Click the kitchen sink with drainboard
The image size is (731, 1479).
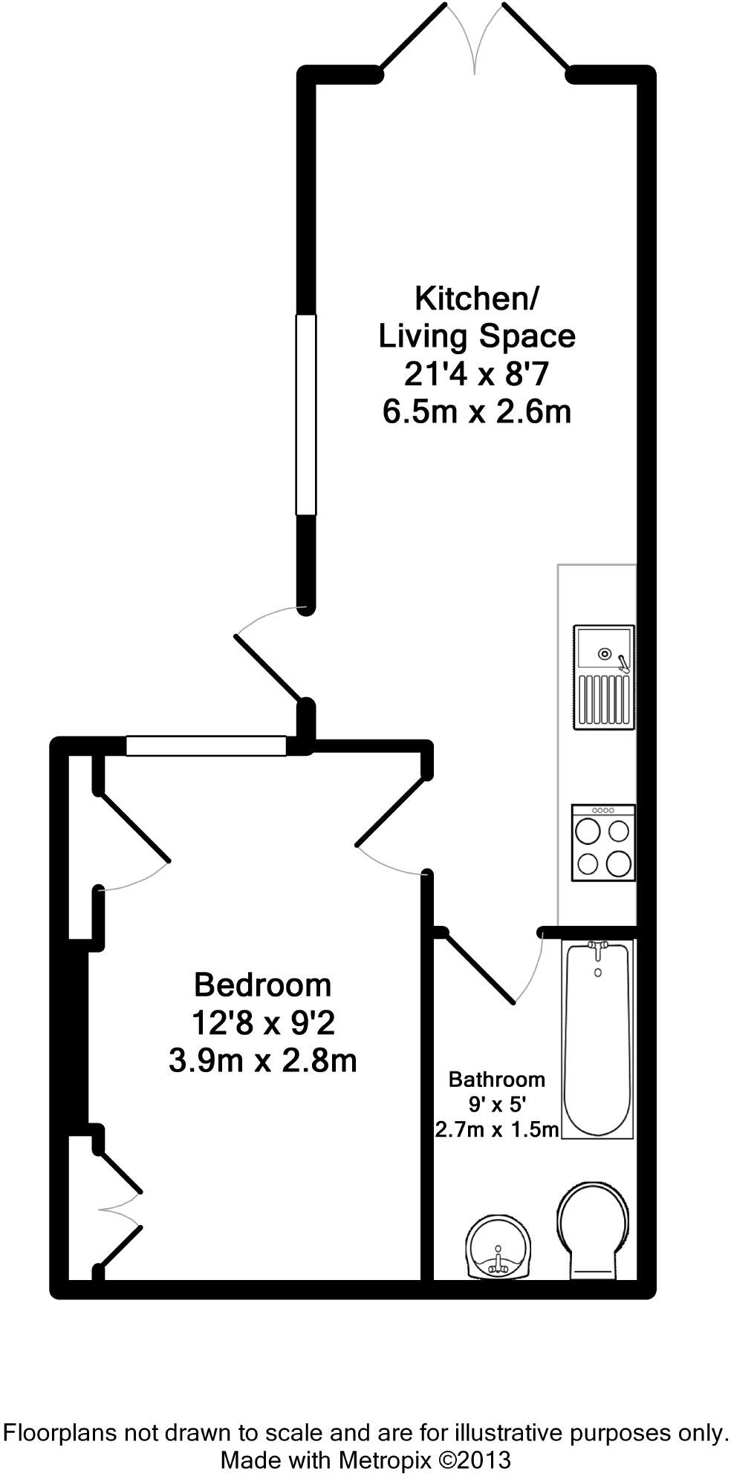click(603, 676)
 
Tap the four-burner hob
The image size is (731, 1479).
click(603, 843)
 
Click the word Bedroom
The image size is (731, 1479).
click(262, 985)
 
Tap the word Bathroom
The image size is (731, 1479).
click(496, 1079)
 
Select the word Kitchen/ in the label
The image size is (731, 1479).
click(476, 298)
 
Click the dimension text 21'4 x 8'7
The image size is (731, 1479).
click(476, 373)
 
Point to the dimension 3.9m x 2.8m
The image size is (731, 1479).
click(262, 1061)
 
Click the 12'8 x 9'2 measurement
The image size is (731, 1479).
click(262, 1023)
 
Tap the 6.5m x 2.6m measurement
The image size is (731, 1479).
click(476, 411)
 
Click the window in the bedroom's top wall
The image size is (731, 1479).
click(206, 745)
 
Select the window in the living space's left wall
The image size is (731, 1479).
click(305, 415)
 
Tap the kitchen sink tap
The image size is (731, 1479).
click(623, 663)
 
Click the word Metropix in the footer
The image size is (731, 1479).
click(385, 1460)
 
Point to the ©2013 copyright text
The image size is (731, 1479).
click(475, 1460)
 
